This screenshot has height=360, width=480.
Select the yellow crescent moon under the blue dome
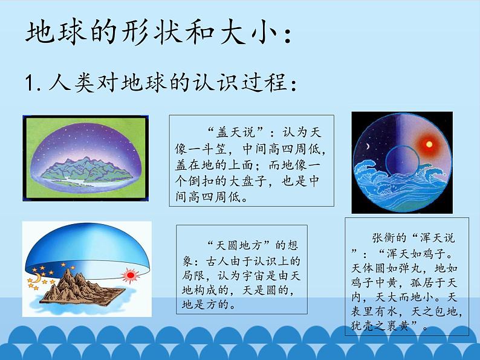[x=36, y=278]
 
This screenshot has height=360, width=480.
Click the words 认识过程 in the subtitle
[x=242, y=82]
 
